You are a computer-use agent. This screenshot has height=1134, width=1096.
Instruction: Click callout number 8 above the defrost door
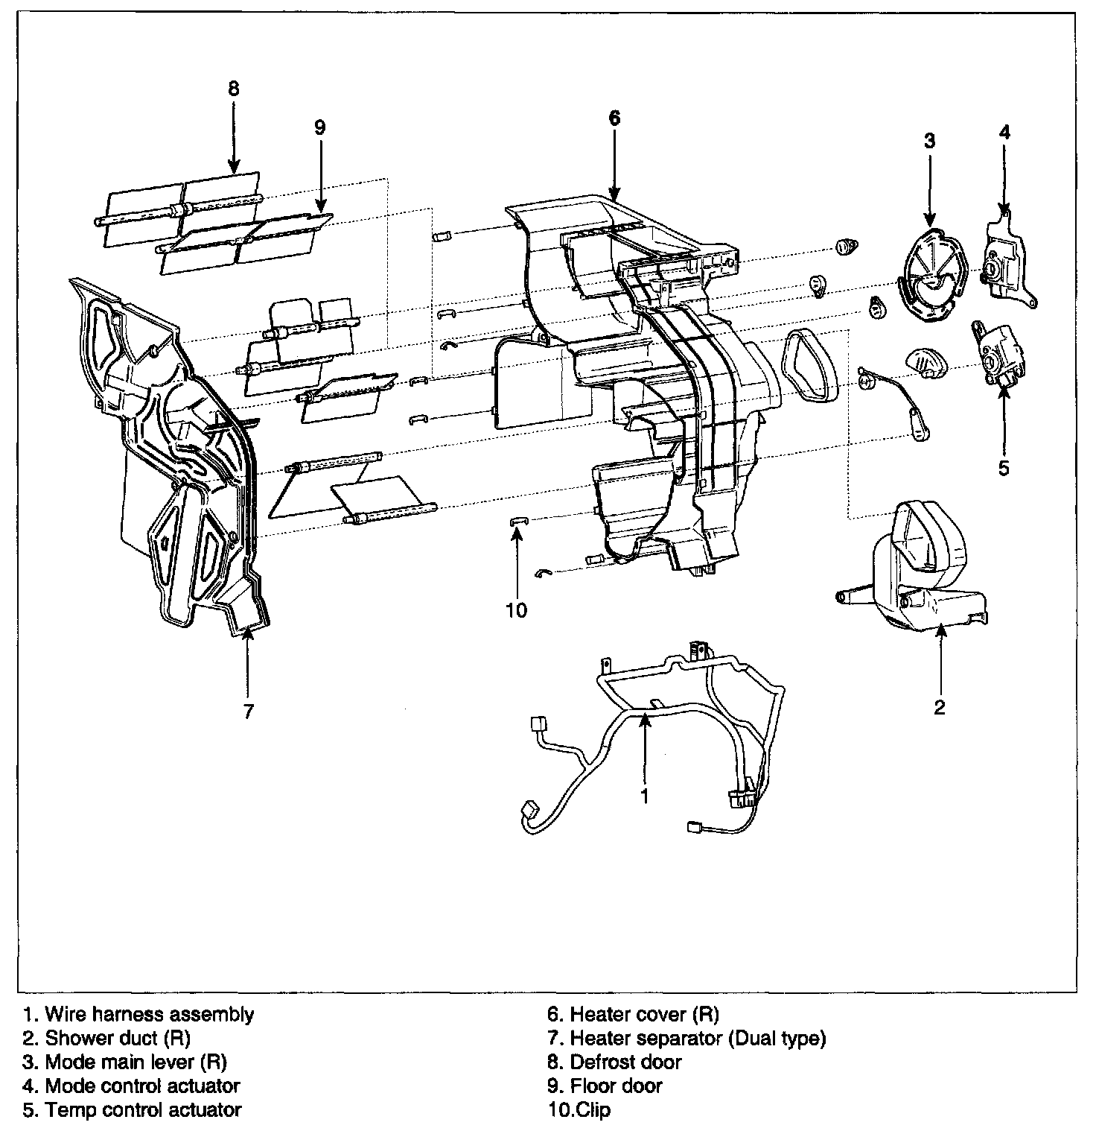click(234, 89)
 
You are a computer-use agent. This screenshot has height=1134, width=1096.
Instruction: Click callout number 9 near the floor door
click(319, 127)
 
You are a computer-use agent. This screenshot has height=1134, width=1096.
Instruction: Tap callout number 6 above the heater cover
click(614, 118)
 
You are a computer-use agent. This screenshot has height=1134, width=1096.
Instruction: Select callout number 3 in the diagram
click(929, 141)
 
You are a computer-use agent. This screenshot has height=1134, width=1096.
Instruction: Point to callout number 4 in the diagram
click(1004, 133)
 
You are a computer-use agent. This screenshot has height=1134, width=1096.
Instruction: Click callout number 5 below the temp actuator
click(1003, 468)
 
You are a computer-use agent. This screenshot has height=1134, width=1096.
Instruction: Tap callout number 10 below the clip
click(516, 610)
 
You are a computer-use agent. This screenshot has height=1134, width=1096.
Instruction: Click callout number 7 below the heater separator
click(249, 711)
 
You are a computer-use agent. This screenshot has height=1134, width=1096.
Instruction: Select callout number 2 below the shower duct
click(940, 706)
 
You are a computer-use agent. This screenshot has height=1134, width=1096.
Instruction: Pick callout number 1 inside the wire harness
click(645, 796)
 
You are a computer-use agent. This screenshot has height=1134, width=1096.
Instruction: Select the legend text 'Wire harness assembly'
click(149, 1014)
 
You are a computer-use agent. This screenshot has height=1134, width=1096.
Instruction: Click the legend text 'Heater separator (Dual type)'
click(698, 1038)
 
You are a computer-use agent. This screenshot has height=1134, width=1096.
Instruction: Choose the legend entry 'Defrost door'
click(625, 1062)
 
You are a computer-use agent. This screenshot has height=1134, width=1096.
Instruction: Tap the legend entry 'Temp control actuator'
click(143, 1109)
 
